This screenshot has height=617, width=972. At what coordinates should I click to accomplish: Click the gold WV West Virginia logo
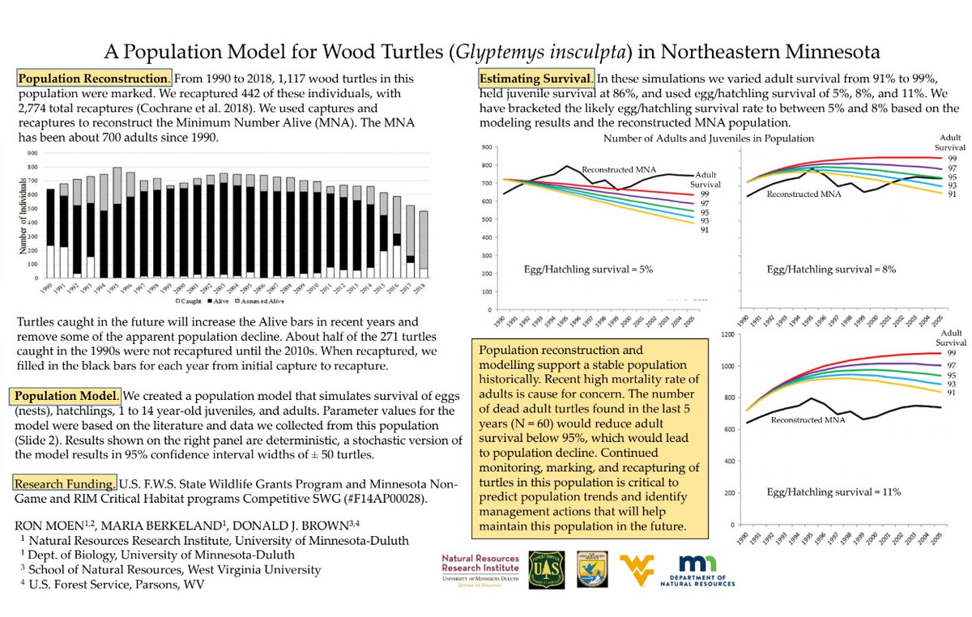click(636, 569)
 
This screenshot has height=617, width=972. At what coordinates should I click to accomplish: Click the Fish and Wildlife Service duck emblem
click(589, 570)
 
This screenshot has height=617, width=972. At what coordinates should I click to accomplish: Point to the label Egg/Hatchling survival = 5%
click(588, 268)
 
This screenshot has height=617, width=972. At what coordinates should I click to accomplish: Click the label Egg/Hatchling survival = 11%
click(833, 491)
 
